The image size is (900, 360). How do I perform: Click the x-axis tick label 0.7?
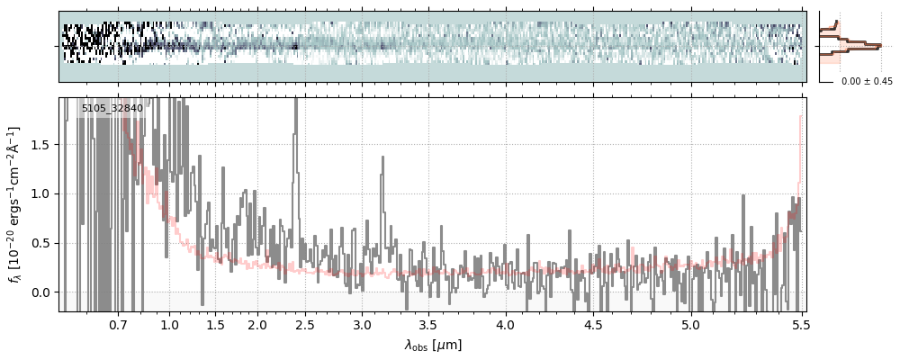tap(118, 324)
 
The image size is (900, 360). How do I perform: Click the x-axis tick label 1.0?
tap(170, 324)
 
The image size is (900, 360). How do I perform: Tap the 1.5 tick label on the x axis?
tap(216, 324)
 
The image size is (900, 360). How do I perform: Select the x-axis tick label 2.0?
tap(257, 324)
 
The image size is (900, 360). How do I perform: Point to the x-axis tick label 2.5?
tap(305, 324)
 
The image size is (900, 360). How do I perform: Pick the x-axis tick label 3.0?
tap(362, 324)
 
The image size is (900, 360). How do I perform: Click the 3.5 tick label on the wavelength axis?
tap(428, 324)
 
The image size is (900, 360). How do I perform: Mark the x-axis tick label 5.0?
tap(690, 324)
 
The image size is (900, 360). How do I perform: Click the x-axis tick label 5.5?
tap(796, 324)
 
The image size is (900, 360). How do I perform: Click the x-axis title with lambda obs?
tap(432, 345)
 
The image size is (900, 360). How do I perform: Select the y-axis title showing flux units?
tap(15, 204)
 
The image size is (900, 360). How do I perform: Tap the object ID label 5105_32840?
tap(112, 109)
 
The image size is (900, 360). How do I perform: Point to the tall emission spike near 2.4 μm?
tap(295, 117)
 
